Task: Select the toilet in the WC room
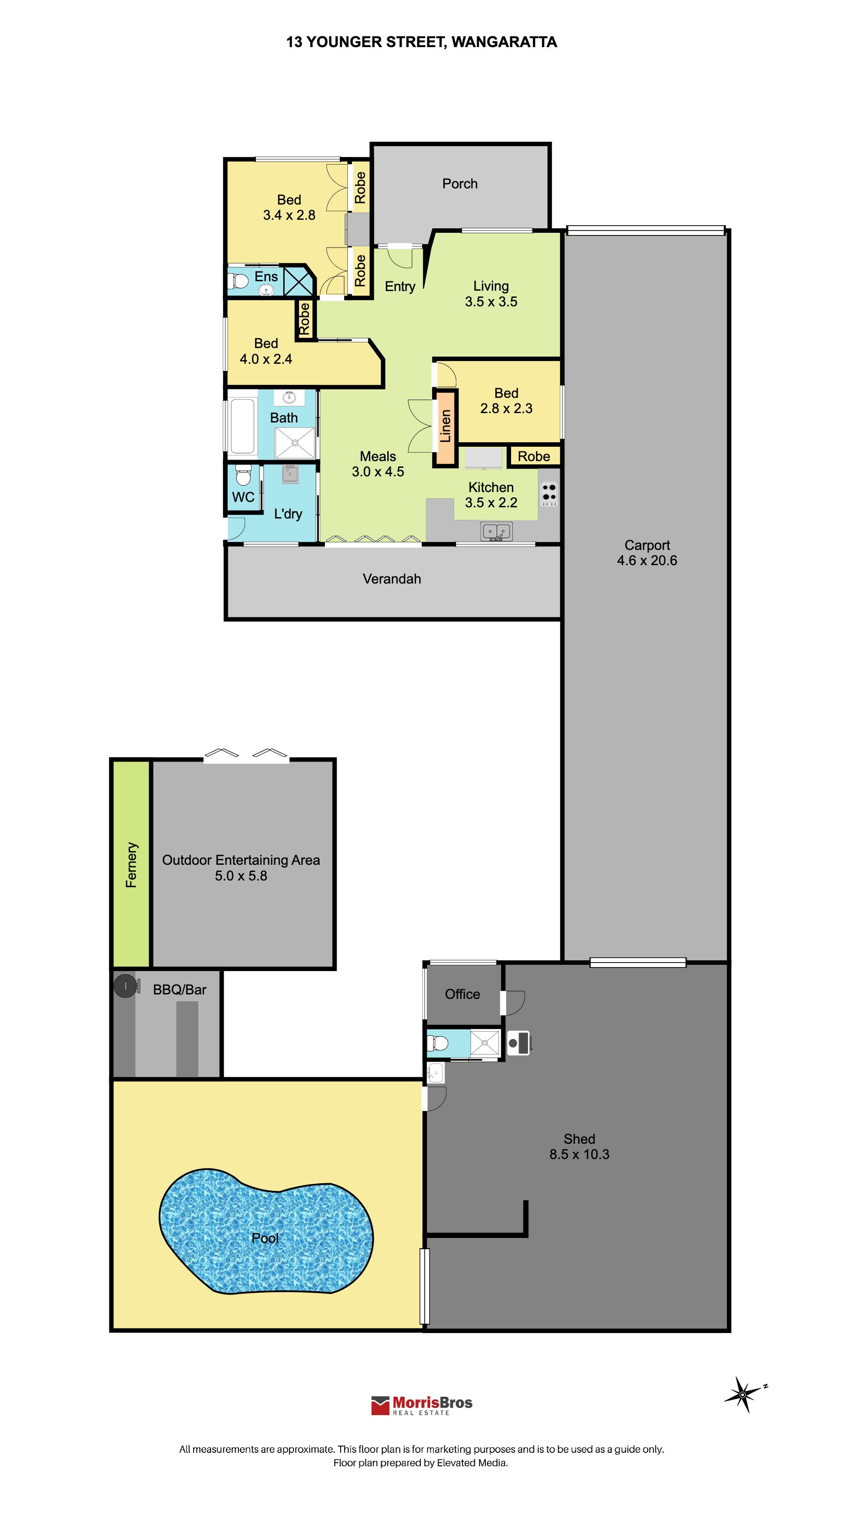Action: pyautogui.click(x=243, y=475)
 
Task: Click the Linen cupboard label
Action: pyautogui.click(x=445, y=427)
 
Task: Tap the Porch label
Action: pyautogui.click(x=459, y=183)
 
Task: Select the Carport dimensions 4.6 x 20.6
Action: pyautogui.click(x=647, y=560)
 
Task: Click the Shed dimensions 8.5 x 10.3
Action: pyautogui.click(x=579, y=1154)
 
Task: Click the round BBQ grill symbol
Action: pyautogui.click(x=126, y=986)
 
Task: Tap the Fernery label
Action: pyautogui.click(x=131, y=865)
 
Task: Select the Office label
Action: pyautogui.click(x=463, y=994)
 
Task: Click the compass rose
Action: pyautogui.click(x=744, y=1394)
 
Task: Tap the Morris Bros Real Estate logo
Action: pyautogui.click(x=421, y=1405)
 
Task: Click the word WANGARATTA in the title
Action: pyautogui.click(x=504, y=42)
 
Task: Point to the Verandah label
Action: pyautogui.click(x=392, y=579)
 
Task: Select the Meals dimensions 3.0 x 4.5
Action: pyautogui.click(x=378, y=471)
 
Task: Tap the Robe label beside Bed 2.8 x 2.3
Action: pyautogui.click(x=533, y=456)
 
